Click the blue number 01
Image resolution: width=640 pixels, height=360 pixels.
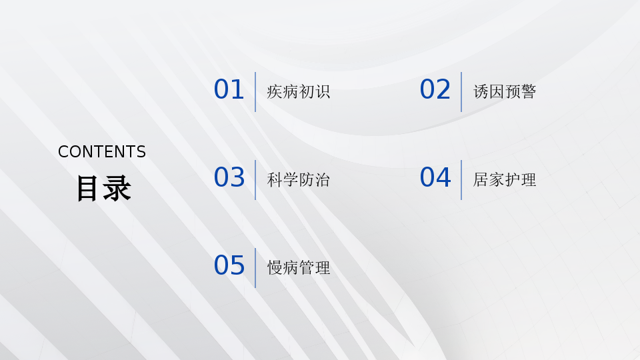coord(229,89)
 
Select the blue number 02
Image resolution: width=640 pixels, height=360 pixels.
coord(435,89)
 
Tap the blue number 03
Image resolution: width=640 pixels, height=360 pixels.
coord(229,177)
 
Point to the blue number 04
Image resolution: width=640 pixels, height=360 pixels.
coord(435,177)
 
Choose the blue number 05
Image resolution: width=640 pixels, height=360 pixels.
coord(229,265)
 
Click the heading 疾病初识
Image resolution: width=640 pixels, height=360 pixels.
coord(299,92)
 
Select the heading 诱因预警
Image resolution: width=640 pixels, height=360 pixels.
coord(505,92)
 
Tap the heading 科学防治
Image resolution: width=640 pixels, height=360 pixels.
coord(299,180)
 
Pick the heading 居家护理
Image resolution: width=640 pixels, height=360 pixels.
coord(505,180)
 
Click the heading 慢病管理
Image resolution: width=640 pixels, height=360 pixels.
coord(299,268)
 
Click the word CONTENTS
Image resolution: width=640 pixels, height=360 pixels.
coord(102,152)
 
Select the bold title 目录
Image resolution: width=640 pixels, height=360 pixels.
coord(104,188)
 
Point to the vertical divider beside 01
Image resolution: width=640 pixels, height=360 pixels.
coord(255,92)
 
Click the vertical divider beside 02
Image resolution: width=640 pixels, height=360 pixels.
coord(461,92)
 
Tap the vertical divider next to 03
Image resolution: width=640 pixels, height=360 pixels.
coord(255,180)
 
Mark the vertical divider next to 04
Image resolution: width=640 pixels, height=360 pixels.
coord(461,180)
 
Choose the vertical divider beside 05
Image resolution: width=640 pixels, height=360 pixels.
coord(255,268)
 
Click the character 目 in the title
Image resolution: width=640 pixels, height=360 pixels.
coord(87,188)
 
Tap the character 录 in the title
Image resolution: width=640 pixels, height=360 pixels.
coord(117,188)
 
